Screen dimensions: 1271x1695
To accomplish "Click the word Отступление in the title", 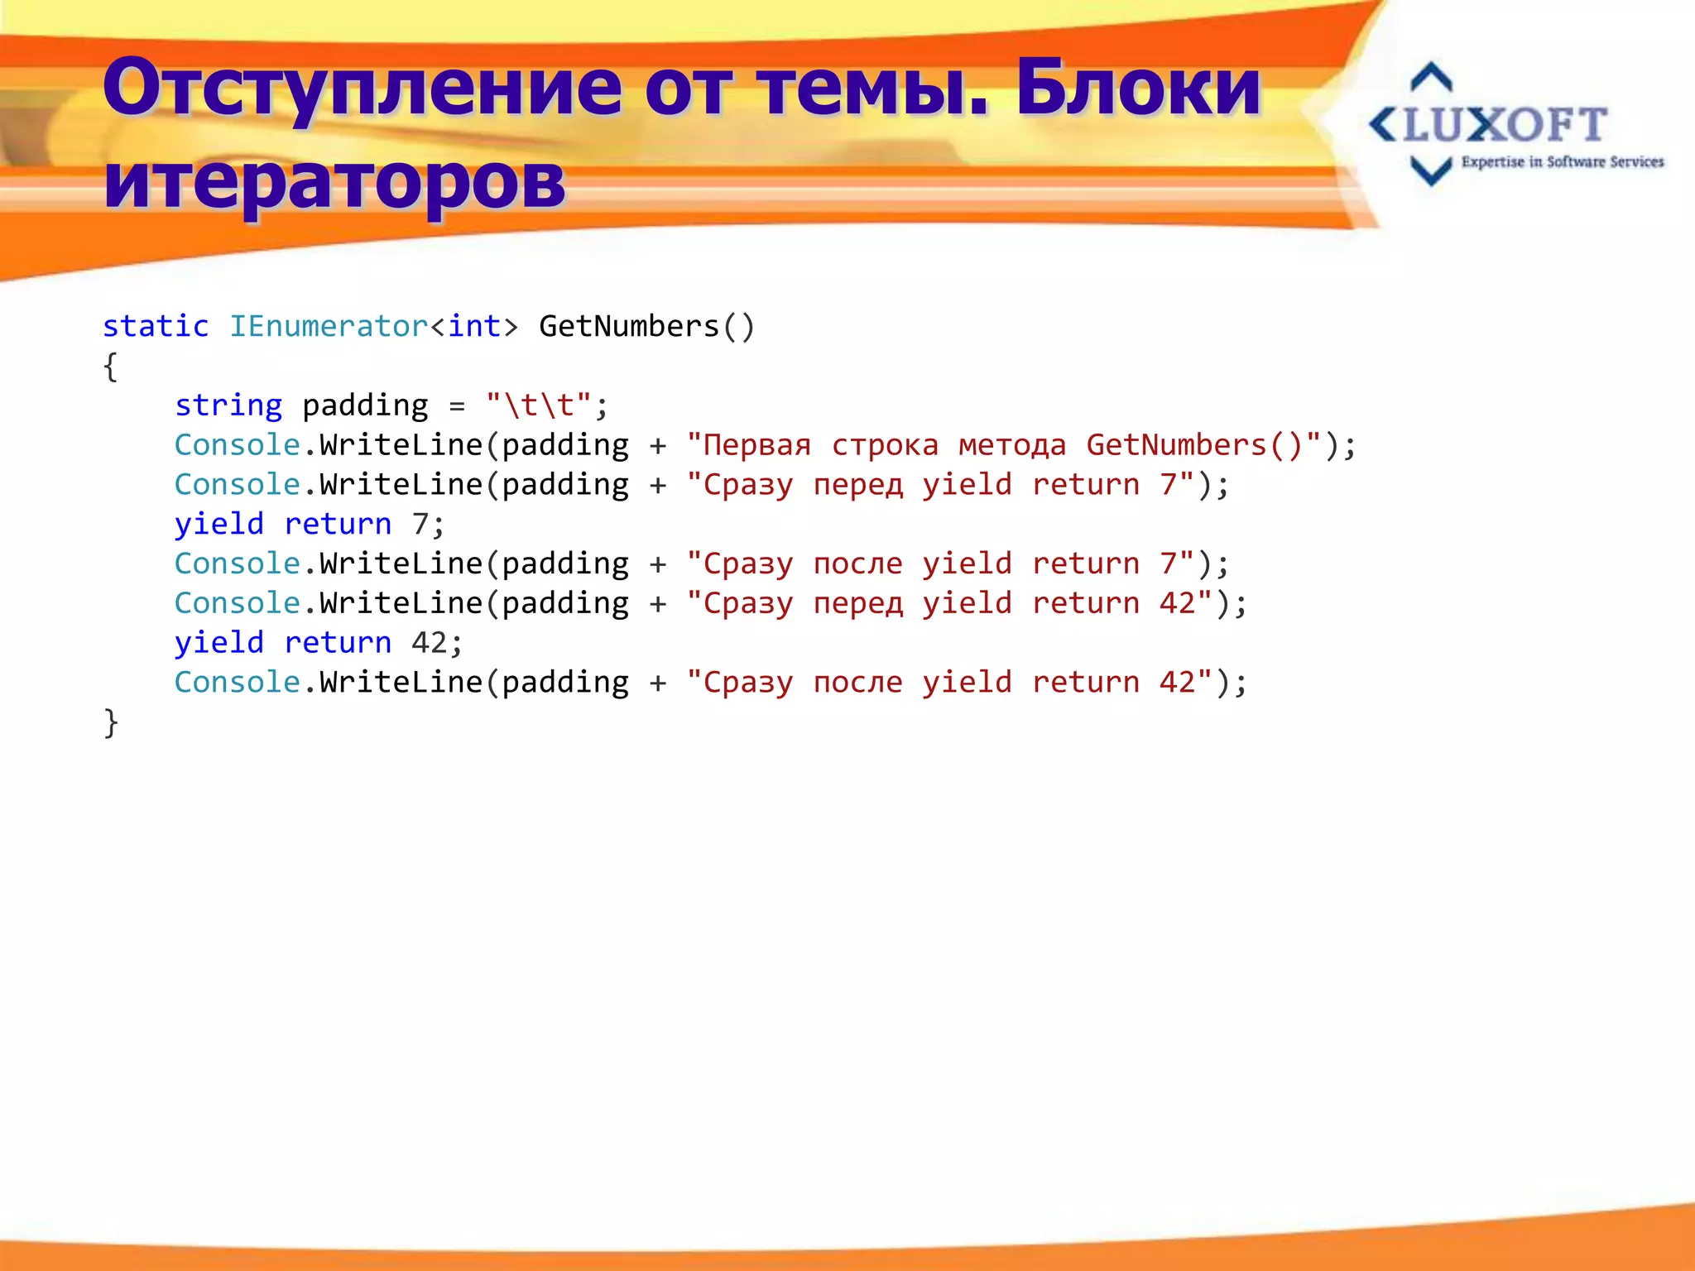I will [x=362, y=89].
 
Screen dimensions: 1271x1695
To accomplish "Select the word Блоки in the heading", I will [x=1138, y=87].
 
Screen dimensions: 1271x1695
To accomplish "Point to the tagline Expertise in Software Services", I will [x=1562, y=162].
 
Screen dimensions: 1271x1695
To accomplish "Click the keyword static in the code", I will [x=156, y=326].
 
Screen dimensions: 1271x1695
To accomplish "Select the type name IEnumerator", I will [x=329, y=326].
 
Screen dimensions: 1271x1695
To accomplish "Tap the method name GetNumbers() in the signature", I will [x=646, y=326].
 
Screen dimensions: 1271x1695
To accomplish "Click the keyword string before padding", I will [x=228, y=405].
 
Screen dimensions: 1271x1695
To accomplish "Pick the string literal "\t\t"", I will [x=539, y=405].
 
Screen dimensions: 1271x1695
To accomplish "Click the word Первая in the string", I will [x=756, y=445].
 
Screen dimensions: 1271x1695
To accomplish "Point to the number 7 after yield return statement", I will [x=420, y=524].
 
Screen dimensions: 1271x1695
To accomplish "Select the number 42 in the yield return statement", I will [x=430, y=643].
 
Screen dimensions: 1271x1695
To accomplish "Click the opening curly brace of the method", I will [x=111, y=366].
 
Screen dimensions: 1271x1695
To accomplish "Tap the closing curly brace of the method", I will [x=111, y=722].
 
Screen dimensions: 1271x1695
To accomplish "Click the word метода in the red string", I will [x=1012, y=445].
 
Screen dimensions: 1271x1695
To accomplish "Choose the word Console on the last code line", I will [x=238, y=683].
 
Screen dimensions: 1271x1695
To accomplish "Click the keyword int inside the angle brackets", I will [x=474, y=326].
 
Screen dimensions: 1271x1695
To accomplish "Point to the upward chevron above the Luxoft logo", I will [x=1431, y=77].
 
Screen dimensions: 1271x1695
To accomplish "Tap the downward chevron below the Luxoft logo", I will [x=1431, y=170].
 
